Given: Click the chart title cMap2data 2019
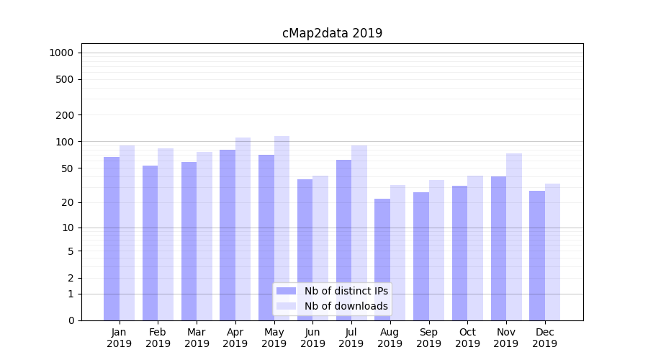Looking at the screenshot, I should tap(332, 33).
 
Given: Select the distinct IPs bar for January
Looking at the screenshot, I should tap(112, 238).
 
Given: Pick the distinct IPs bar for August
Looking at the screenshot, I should tap(382, 259).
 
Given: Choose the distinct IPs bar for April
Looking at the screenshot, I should tap(228, 235).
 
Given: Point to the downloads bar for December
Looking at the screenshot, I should tap(552, 251).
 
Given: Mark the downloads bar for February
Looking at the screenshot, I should tap(166, 234).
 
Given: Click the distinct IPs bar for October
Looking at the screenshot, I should tap(460, 253).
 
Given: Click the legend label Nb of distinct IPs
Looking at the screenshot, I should tap(346, 291).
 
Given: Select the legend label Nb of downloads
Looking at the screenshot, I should tap(346, 306).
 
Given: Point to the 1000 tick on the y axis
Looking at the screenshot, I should tap(61, 53).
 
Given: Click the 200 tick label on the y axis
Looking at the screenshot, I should tap(65, 115).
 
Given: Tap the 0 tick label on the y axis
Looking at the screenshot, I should tap(71, 320).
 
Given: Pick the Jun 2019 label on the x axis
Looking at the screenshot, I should tap(312, 338).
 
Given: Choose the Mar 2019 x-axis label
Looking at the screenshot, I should tap(197, 338).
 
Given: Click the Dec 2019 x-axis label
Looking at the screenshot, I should tap(544, 338).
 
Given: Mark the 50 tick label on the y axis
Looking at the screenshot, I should tap(68, 168).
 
